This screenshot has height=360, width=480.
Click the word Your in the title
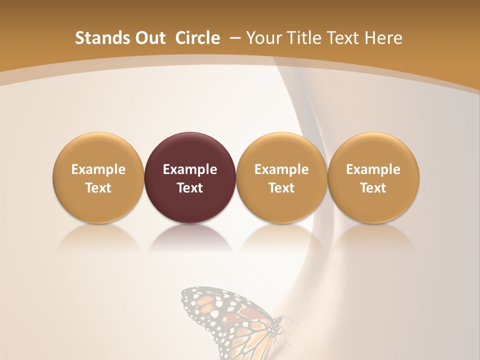pos(263,38)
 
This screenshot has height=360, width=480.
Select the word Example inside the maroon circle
pos(190,169)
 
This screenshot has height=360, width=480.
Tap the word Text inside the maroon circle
pos(190,188)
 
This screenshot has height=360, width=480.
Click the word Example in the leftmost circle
pos(98,169)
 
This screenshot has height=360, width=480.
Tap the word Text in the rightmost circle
pos(373,188)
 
